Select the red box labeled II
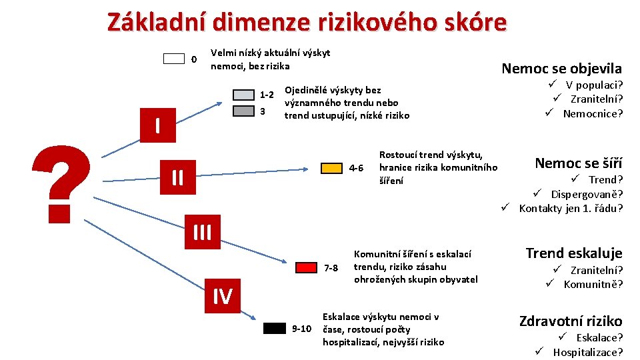177,177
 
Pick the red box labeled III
201,232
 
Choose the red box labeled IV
222,295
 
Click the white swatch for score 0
174,59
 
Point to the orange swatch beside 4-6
331,168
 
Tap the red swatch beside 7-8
306,267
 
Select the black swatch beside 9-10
274,328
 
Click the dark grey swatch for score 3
243,110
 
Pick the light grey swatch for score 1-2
243,95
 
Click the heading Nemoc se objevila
561,68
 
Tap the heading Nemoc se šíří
579,163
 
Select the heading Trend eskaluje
573,253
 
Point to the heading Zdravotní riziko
571,321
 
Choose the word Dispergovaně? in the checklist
587,194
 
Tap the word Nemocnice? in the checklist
593,113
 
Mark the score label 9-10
302,329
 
